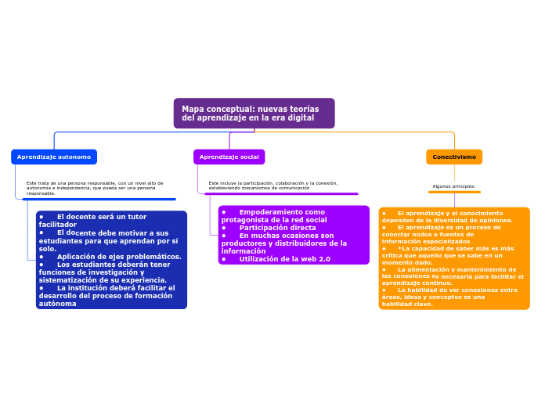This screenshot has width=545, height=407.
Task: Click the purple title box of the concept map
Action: point(254,113)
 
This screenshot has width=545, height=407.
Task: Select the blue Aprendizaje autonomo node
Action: point(54,157)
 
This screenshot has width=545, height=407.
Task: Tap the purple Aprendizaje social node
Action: point(229,157)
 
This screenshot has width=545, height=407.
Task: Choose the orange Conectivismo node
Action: point(454,157)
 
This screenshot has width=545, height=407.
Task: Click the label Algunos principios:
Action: point(454,186)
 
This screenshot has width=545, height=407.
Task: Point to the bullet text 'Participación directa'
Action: point(278,228)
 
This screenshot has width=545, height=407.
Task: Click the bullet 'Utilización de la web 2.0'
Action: point(284,259)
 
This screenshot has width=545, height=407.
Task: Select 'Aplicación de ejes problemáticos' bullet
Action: point(118,257)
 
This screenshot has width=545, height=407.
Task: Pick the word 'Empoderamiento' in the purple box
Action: point(271,212)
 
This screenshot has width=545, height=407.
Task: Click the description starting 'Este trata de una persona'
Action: point(94,188)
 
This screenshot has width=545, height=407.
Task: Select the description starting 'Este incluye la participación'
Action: point(273,185)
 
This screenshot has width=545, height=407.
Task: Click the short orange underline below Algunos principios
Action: point(454,192)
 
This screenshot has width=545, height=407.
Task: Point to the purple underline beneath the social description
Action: point(281,194)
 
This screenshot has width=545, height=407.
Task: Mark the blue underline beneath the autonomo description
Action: point(99,200)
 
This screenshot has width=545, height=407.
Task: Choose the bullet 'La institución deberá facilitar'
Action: point(116,288)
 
